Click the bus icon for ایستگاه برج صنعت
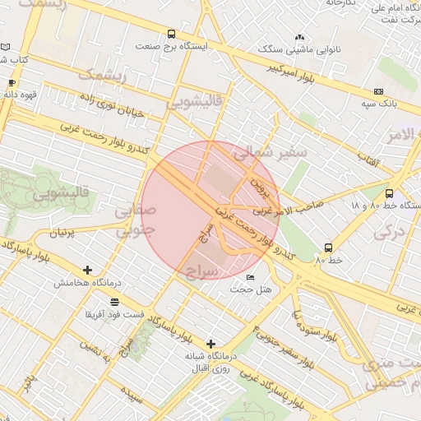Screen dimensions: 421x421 171,35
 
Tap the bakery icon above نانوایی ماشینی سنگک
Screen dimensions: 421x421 299,38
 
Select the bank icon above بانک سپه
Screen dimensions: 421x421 378,91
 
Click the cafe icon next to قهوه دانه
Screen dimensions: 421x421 12,83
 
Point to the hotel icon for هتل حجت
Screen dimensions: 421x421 251,277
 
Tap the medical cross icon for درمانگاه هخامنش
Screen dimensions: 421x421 88,270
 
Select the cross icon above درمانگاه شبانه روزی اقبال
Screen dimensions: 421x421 211,343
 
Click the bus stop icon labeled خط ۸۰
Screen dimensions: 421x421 329,248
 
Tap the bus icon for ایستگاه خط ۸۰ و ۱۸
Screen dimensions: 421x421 389,194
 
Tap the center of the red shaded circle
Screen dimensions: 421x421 210,210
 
